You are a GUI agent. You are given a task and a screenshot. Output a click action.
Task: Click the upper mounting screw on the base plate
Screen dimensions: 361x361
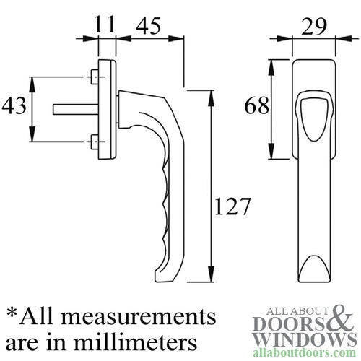click(95, 75)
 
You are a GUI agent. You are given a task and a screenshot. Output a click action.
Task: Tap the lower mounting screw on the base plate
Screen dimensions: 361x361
click(95, 139)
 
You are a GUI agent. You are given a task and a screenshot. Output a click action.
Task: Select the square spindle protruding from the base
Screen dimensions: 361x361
click(72, 108)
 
